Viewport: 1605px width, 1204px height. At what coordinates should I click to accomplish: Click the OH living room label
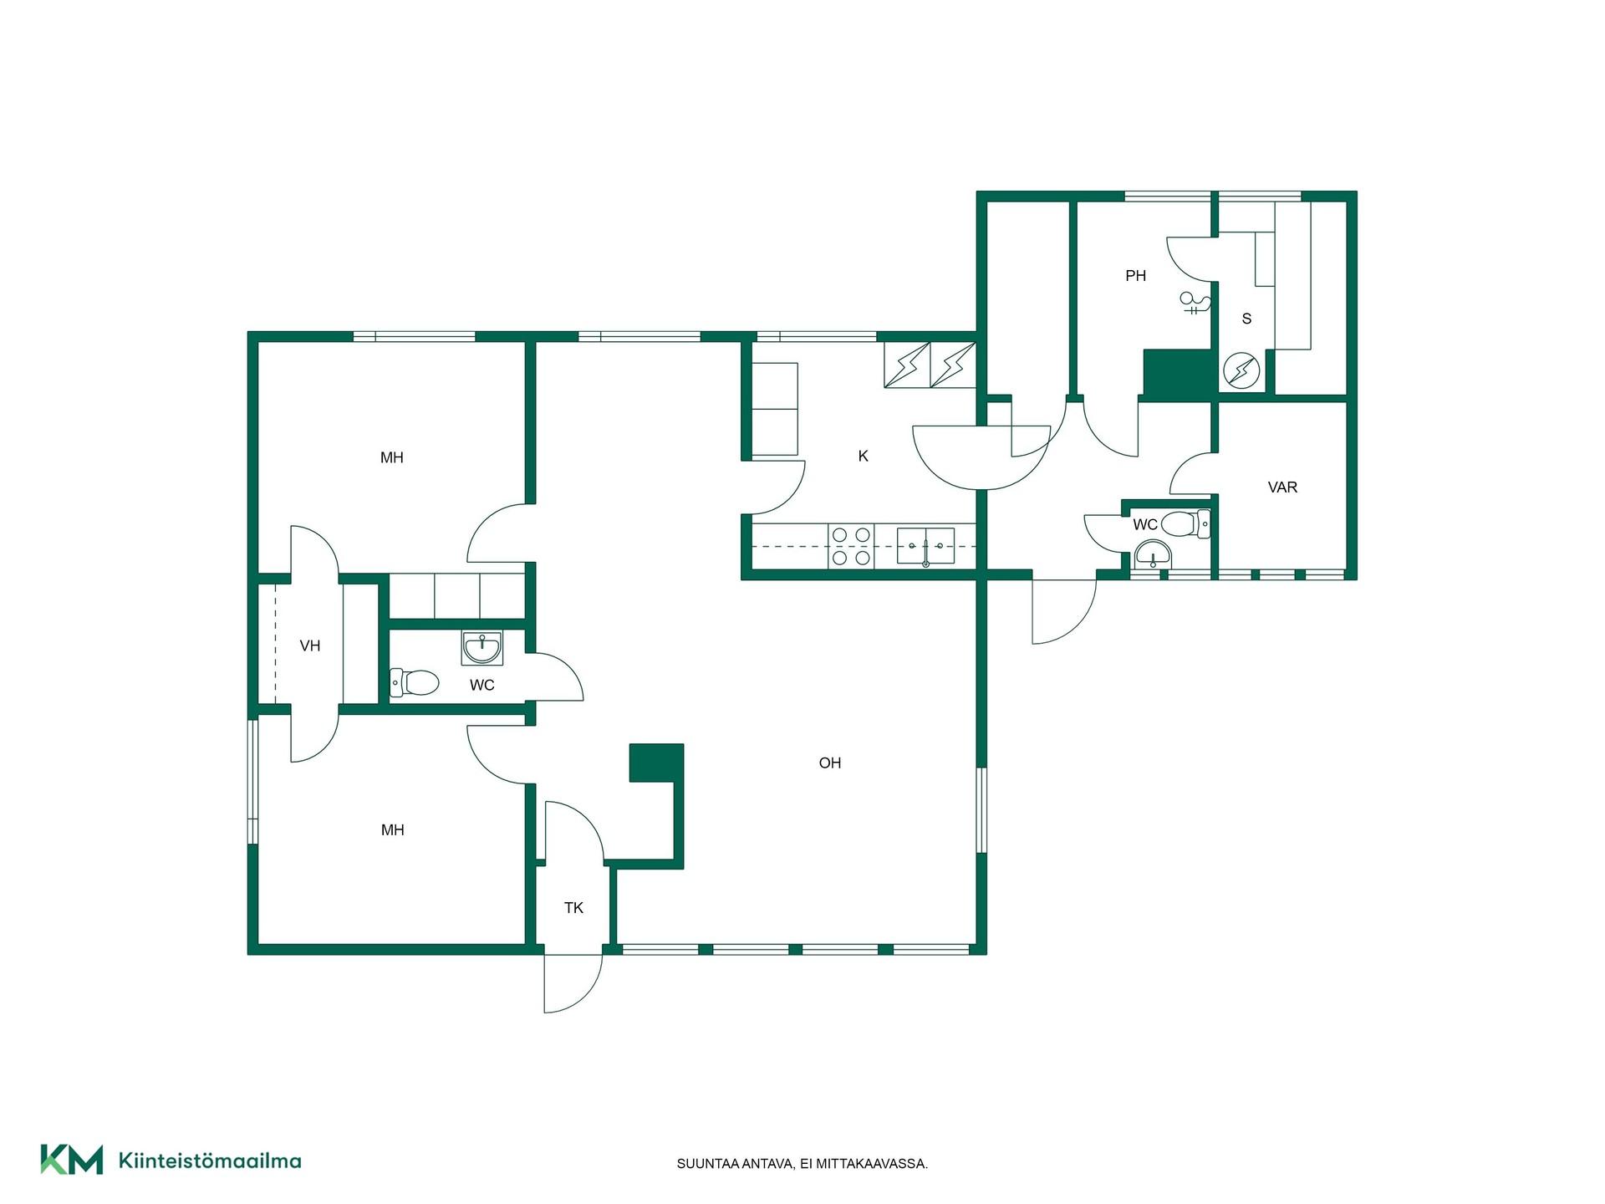829,763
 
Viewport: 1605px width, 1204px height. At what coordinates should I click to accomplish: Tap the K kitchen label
863,456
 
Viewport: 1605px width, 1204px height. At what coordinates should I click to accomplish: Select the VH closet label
310,645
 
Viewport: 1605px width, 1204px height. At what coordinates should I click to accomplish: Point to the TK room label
573,907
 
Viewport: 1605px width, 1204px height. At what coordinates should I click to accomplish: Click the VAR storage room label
1282,487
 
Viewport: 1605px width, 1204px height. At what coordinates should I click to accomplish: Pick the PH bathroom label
1135,275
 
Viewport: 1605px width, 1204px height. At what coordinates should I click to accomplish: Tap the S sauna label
1246,319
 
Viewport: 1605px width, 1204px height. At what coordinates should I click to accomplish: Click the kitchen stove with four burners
851,546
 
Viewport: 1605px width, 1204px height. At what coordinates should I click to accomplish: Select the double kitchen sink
925,546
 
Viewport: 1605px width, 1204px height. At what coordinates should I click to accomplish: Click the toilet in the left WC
415,683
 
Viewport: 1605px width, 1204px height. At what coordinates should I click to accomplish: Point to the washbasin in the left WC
481,648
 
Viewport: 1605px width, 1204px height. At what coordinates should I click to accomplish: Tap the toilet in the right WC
1185,524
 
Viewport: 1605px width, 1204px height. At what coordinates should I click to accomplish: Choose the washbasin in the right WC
1154,554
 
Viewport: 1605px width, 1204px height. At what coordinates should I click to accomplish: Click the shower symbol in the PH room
1194,303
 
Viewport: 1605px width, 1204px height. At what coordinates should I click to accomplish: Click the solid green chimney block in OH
656,763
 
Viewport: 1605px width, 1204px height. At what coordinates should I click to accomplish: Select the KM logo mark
72,1160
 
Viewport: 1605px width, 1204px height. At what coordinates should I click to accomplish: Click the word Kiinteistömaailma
210,1161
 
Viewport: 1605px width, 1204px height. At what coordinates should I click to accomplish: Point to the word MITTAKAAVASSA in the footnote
878,1164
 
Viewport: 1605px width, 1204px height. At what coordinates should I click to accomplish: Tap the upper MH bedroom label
392,457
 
